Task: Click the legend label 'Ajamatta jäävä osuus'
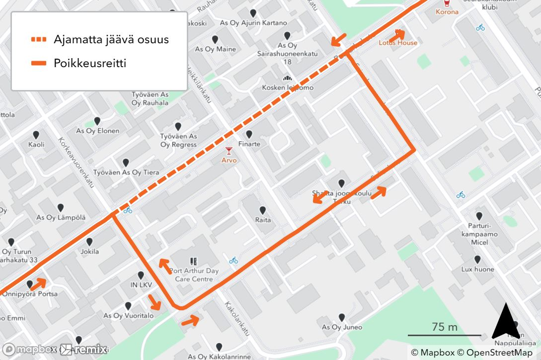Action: tap(111, 39)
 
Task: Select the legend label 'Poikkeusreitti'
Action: tap(90, 63)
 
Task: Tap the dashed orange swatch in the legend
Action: tap(38, 39)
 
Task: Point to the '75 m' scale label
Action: tap(445, 327)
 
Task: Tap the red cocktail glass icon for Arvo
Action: tap(229, 151)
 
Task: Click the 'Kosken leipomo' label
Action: tap(288, 88)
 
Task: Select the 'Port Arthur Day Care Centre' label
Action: tap(194, 275)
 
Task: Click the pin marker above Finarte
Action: tap(249, 134)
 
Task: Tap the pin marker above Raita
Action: tap(263, 210)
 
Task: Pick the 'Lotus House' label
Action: tap(398, 43)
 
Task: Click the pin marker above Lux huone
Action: tap(477, 260)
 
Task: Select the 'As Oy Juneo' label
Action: tap(342, 327)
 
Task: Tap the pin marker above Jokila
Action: tap(90, 242)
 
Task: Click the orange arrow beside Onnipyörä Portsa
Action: tap(38, 284)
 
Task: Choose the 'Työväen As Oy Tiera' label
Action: tap(126, 173)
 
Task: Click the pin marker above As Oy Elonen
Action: tap(97, 121)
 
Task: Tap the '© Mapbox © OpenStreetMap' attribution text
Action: tap(471, 353)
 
